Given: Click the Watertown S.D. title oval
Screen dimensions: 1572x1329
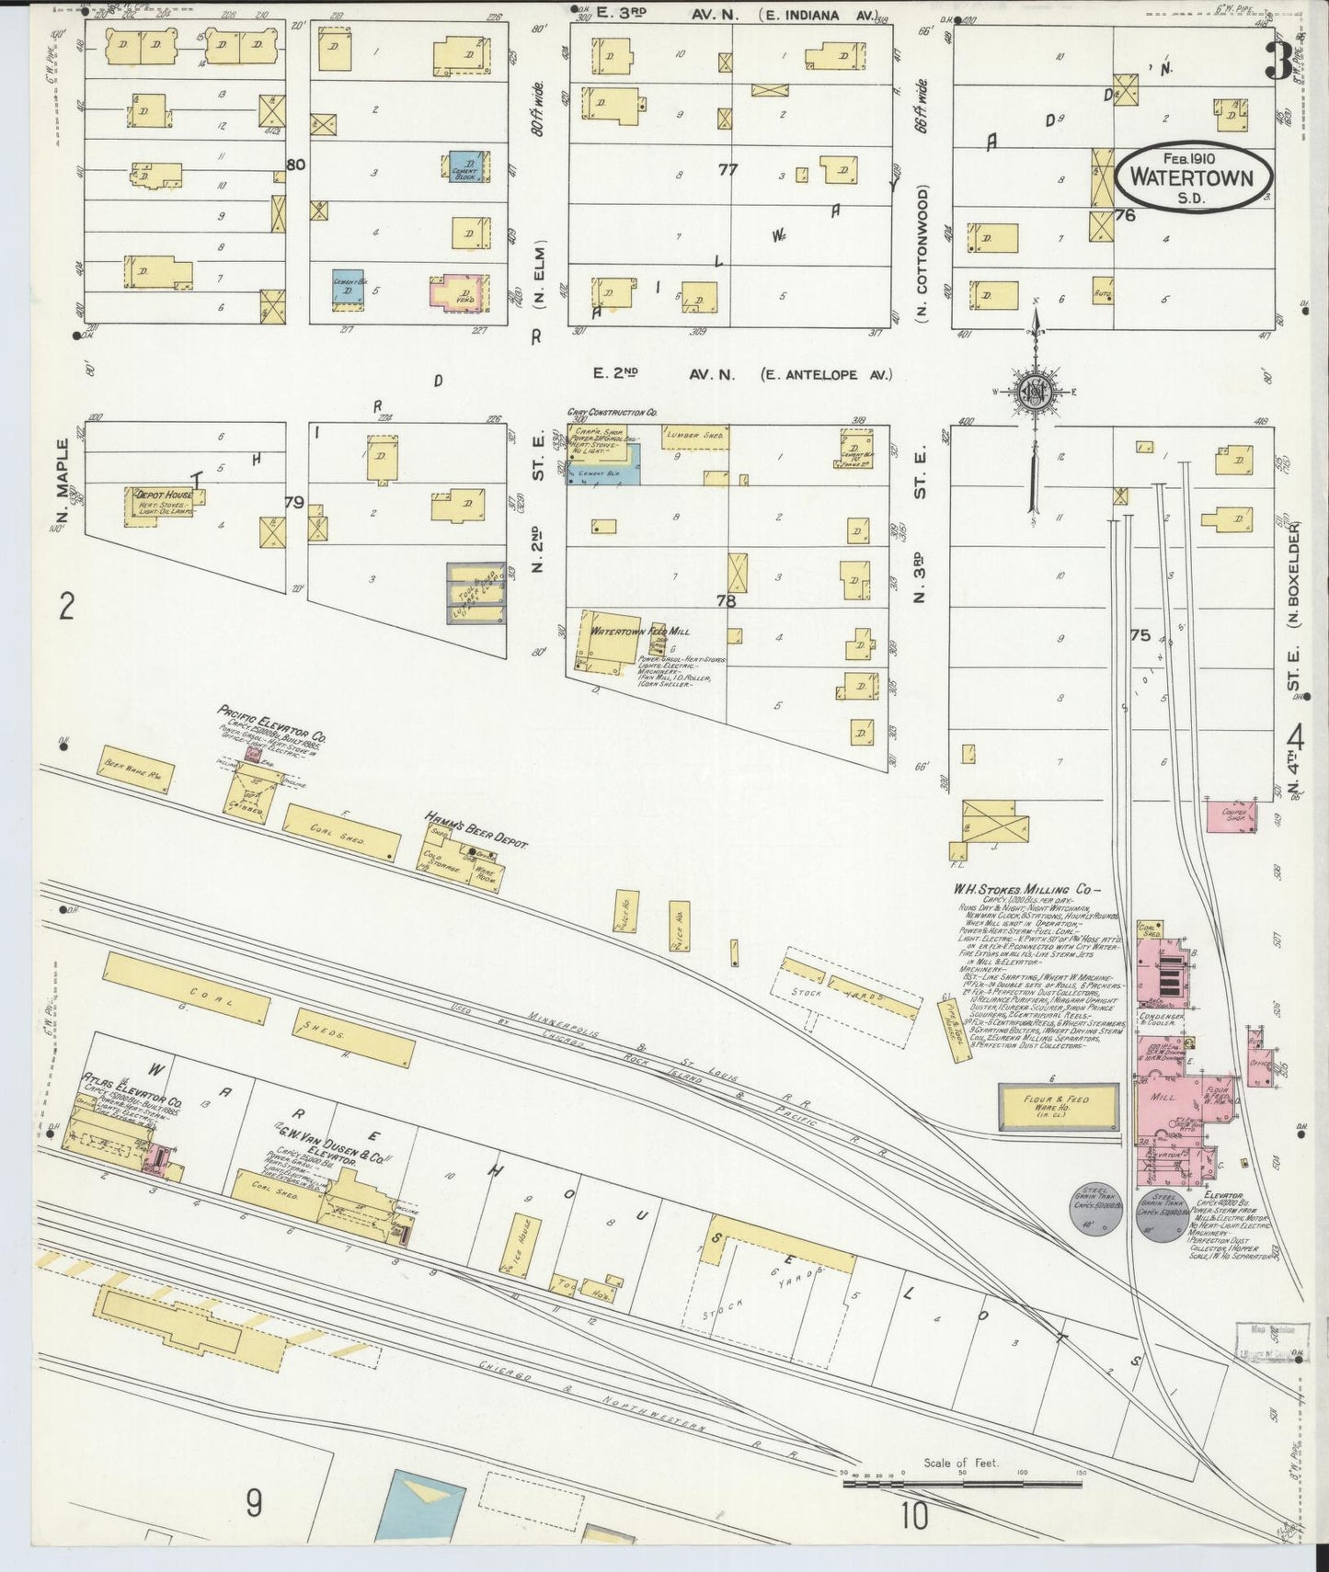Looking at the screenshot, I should pyautogui.click(x=1193, y=177).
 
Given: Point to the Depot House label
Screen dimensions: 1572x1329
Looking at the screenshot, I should pyautogui.click(x=163, y=495).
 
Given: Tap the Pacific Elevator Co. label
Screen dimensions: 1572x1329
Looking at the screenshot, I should pyautogui.click(x=271, y=723).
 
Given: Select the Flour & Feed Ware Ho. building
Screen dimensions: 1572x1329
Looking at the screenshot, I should pyautogui.click(x=1058, y=1106).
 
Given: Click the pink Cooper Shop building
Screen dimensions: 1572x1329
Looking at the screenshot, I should pyautogui.click(x=1232, y=814).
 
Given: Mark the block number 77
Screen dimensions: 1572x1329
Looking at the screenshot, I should pyautogui.click(x=728, y=169).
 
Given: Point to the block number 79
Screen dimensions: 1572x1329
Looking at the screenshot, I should pyautogui.click(x=293, y=503).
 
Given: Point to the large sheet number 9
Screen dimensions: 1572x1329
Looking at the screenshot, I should pyautogui.click(x=254, y=1504).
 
